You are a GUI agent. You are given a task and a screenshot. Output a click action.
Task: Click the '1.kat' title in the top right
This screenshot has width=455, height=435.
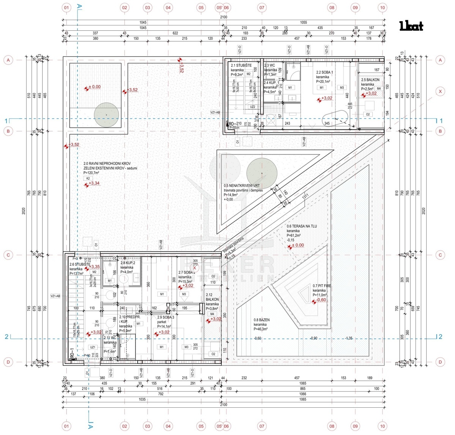[x=411, y=26]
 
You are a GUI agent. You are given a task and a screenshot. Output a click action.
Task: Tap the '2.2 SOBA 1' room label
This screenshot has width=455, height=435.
[x=324, y=72]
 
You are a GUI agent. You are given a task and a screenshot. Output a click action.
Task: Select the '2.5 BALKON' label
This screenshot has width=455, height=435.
[x=370, y=80]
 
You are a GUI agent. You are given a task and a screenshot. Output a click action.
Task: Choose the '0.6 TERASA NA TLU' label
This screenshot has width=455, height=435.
[x=302, y=226]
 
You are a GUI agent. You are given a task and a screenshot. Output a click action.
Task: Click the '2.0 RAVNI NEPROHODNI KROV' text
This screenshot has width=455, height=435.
[x=107, y=164]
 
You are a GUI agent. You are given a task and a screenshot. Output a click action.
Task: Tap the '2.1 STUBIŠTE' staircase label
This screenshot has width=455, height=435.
[x=241, y=66]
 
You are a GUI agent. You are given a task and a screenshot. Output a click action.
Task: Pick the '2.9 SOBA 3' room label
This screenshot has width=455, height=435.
[x=166, y=317]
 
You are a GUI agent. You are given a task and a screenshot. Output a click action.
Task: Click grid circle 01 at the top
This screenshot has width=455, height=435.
[x=66, y=7]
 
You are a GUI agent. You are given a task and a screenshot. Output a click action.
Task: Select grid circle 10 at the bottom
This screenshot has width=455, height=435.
[x=382, y=426]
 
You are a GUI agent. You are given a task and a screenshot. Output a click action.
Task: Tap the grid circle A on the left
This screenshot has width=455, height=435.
[x=8, y=60]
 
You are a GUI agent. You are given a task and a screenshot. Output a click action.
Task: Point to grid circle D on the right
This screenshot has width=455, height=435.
[x=440, y=362]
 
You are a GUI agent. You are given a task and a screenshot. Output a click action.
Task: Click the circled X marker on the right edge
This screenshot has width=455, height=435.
[x=440, y=91]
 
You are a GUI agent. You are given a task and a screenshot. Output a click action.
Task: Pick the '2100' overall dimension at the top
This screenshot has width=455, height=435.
[x=224, y=17]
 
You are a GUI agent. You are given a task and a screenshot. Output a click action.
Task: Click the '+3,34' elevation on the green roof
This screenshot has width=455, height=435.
[x=94, y=184]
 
